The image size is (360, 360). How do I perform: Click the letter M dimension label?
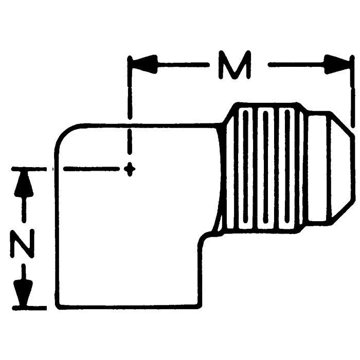234,65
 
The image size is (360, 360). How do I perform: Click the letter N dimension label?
22,245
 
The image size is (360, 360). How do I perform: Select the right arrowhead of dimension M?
339,65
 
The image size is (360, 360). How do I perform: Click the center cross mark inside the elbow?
130,168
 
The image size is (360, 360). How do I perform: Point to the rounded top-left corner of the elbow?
64,133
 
